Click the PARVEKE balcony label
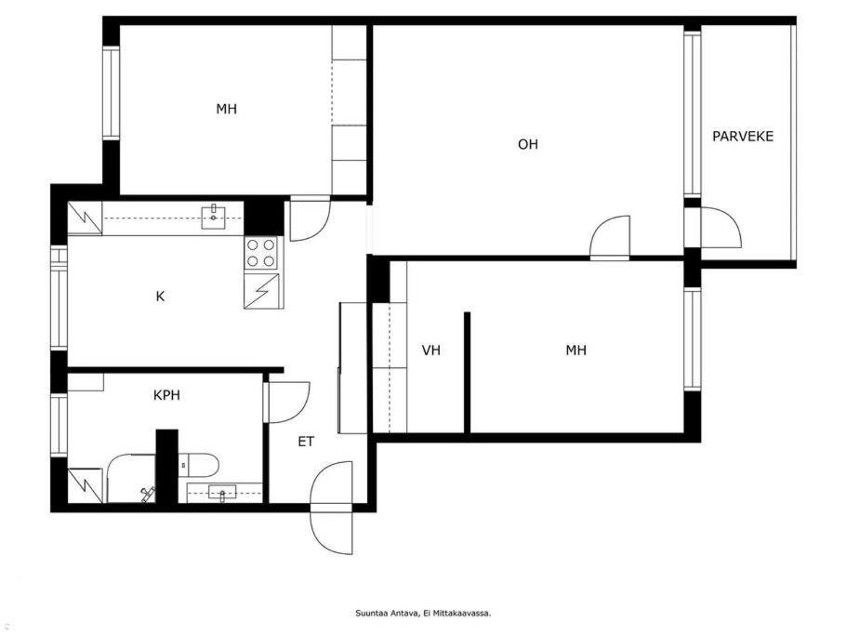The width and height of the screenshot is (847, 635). tap(743, 136)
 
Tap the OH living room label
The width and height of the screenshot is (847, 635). tap(528, 144)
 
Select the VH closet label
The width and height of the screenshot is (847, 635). tap(431, 351)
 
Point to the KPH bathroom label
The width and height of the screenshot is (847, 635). tap(166, 395)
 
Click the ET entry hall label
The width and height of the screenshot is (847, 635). tap(306, 442)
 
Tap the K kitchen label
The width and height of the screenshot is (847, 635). tap(160, 297)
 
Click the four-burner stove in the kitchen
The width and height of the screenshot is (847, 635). tap(260, 253)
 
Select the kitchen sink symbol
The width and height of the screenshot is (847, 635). tap(214, 217)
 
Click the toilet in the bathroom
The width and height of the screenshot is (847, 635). tap(199, 465)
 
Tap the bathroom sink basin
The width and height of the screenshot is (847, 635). tap(222, 493)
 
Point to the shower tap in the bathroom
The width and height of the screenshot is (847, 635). tap(148, 494)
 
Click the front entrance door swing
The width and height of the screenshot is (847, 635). tap(332, 508)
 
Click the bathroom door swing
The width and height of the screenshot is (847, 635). tap(288, 403)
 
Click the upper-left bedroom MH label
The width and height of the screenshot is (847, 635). tap(226, 109)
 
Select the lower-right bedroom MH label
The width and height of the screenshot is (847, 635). tap(576, 351)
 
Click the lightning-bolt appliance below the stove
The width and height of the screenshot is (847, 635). tap(261, 291)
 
